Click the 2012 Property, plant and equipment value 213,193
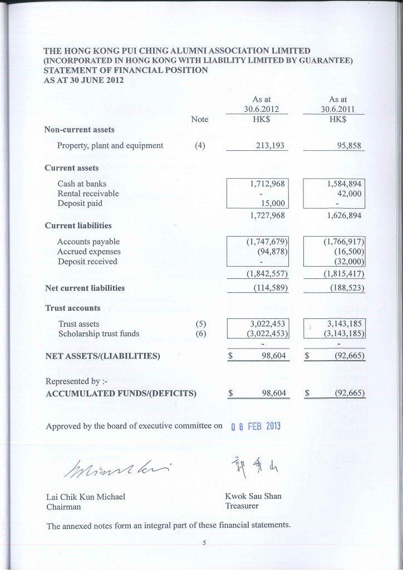coord(270,146)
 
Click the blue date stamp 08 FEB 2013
coord(255,427)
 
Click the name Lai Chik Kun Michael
coord(86,497)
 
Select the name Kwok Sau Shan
coord(253,496)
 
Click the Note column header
coord(199,119)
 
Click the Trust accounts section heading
coord(72,308)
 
